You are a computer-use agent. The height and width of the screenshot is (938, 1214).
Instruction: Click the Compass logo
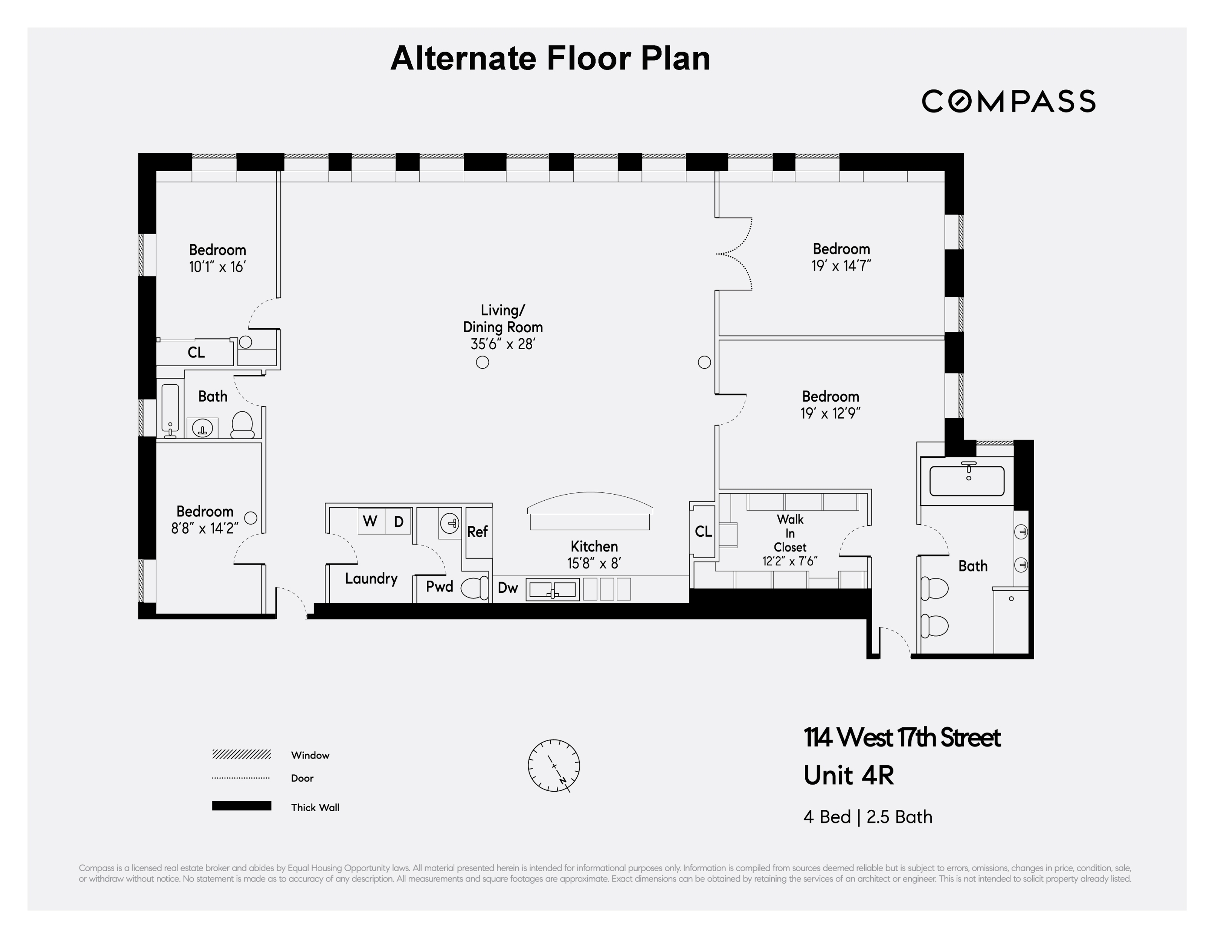[1008, 101]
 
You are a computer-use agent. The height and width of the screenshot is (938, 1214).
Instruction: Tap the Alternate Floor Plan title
[550, 58]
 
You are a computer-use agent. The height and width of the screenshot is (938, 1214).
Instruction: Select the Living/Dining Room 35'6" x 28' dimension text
[503, 344]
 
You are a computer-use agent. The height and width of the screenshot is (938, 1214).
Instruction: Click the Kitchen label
[594, 546]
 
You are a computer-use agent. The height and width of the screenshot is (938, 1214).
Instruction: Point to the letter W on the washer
[370, 521]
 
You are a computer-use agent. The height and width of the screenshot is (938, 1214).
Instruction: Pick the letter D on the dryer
[399, 522]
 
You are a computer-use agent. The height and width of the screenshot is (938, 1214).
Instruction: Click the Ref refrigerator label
[477, 532]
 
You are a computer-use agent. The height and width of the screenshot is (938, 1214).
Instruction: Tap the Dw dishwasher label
[507, 588]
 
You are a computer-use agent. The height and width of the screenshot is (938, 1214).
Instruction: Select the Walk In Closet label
[790, 533]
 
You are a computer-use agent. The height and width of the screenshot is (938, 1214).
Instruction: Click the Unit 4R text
[849, 776]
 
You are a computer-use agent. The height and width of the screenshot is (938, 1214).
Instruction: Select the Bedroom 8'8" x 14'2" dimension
[205, 528]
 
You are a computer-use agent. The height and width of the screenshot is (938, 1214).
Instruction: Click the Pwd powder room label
[439, 587]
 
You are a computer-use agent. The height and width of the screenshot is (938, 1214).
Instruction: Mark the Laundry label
[371, 578]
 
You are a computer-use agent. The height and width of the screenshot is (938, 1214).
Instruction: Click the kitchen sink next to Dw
[552, 590]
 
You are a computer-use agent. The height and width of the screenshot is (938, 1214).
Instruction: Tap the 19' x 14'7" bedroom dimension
[841, 266]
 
